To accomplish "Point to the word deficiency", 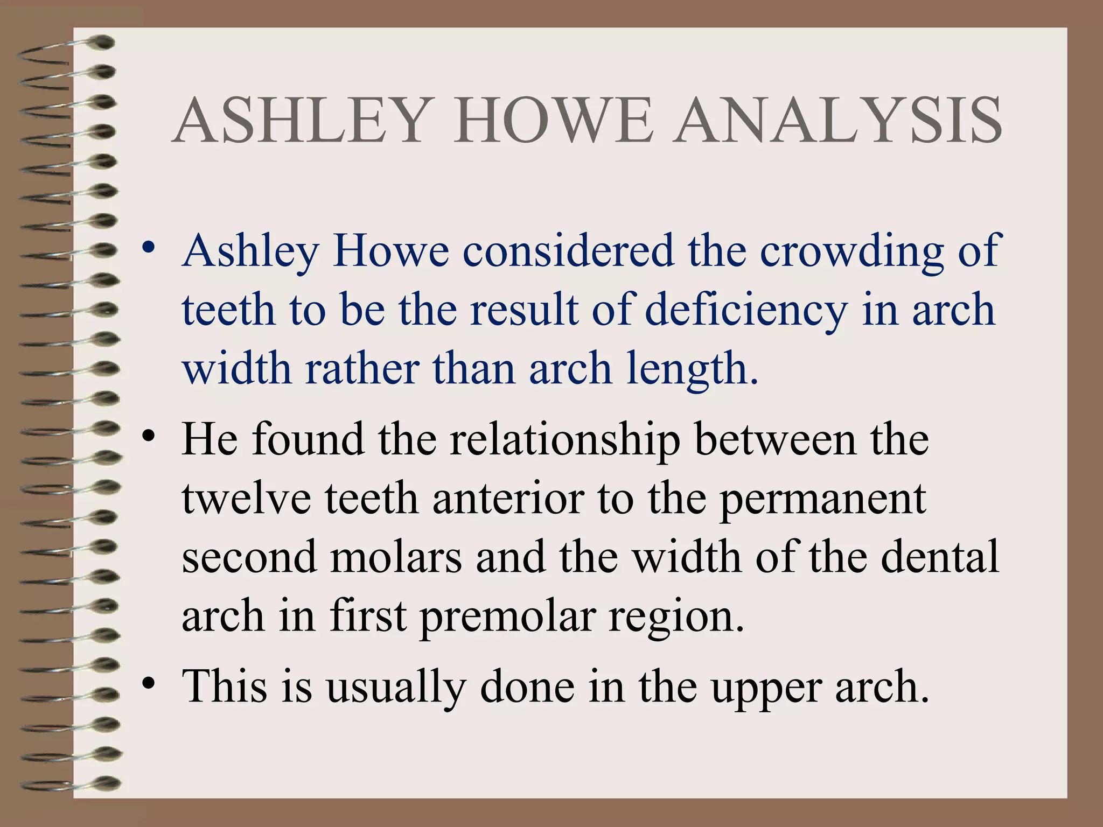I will tap(746, 311).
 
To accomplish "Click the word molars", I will tap(396, 557).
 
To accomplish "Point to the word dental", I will tap(940, 557).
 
